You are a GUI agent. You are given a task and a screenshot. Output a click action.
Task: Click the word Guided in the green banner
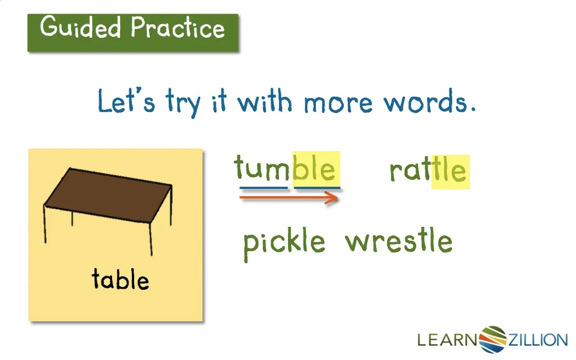tap(80, 27)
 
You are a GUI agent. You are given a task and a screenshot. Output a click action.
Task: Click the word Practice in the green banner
tap(178, 27)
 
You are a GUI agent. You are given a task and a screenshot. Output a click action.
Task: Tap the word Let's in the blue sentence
tap(127, 100)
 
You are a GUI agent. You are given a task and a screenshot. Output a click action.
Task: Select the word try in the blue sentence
tap(183, 103)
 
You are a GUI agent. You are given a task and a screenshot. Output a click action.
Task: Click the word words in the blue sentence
tap(430, 101)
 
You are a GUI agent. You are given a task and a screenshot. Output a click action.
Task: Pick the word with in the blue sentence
tap(265, 101)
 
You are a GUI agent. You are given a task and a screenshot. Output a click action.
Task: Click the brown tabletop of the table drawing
tap(108, 195)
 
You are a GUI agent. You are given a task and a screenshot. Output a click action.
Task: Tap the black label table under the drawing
tap(121, 279)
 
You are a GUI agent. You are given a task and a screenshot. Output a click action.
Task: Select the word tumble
tap(285, 167)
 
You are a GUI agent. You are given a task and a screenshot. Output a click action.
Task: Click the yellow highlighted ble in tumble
tap(316, 168)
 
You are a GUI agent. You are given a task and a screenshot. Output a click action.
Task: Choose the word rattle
tap(428, 170)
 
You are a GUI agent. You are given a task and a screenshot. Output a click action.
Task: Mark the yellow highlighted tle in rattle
tap(450, 172)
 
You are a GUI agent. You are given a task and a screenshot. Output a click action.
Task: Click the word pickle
tap(284, 244)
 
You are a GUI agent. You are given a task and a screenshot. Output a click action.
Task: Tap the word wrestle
tap(399, 240)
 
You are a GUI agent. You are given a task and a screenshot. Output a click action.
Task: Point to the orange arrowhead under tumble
tap(332, 198)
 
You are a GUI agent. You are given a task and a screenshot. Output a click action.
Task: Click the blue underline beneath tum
tap(264, 188)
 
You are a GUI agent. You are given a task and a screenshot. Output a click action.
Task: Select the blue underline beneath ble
tap(317, 188)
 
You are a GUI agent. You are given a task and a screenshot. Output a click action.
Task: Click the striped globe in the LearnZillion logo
tap(493, 339)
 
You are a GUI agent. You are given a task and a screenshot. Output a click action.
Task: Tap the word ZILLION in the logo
tap(538, 340)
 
